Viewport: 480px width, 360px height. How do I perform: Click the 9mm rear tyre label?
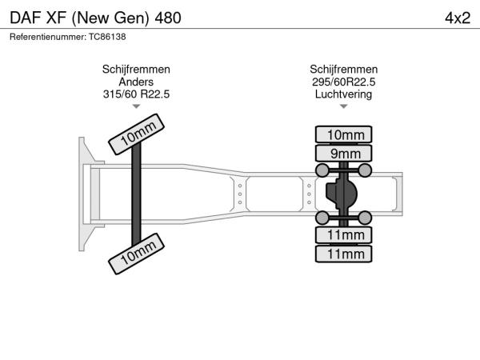point(343,153)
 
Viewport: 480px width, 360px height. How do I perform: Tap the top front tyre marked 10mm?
point(137,134)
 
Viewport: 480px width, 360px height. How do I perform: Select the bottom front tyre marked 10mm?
point(137,254)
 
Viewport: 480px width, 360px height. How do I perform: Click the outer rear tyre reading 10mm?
point(343,134)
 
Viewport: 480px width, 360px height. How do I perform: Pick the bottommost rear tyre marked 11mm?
point(343,254)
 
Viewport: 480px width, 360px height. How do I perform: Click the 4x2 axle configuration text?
point(458,18)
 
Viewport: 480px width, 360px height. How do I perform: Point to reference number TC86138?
point(107,37)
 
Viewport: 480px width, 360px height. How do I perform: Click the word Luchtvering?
point(343,94)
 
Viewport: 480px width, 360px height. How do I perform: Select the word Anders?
point(136,82)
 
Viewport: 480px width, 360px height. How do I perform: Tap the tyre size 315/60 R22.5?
point(136,94)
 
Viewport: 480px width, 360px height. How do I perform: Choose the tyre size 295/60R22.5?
point(343,82)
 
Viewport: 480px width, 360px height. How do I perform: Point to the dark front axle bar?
point(136,194)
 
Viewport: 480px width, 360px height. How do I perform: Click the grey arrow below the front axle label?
point(136,106)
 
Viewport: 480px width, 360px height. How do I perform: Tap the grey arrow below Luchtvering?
point(343,106)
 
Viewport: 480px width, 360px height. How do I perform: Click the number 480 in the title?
point(168,18)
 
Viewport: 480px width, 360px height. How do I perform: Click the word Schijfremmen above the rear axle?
point(343,69)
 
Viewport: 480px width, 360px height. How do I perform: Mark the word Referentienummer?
point(48,37)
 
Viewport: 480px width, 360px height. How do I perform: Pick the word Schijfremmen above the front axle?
point(136,69)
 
